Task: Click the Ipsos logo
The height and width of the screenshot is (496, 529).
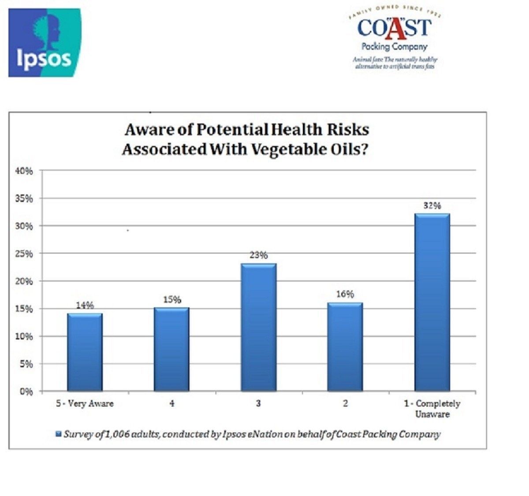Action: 45,43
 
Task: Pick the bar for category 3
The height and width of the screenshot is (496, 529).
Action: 258,327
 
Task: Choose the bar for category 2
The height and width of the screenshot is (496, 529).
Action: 345,347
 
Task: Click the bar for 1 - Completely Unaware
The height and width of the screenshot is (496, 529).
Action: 432,302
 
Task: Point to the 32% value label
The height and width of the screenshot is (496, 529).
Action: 432,205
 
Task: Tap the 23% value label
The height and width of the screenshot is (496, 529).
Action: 258,255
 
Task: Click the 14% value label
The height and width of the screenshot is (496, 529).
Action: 85,305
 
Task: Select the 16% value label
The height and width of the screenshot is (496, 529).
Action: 345,294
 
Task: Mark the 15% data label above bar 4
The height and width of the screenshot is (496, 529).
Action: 172,300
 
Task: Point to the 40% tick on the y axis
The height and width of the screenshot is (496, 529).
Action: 25,171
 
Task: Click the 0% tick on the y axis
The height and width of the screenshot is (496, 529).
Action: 27,392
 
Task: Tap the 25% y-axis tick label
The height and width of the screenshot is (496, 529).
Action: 25,254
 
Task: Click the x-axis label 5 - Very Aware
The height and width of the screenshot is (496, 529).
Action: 85,403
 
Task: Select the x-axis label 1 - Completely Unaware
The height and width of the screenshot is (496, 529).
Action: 432,409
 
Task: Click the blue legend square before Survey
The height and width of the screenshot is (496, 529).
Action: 58,434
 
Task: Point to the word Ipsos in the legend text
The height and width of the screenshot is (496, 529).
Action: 238,434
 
